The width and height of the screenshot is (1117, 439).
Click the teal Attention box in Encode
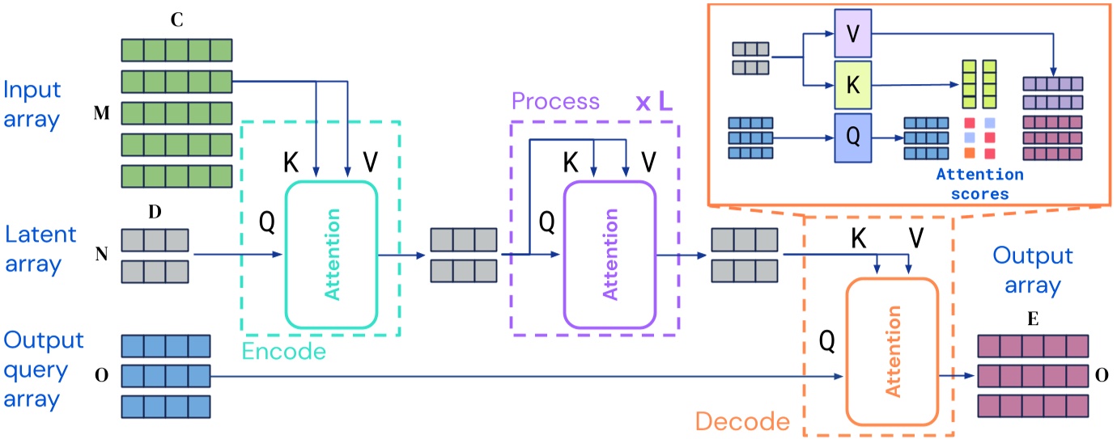(x=332, y=254)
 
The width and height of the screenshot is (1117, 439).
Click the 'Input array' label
(x=33, y=104)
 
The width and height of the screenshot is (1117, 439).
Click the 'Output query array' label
(x=42, y=369)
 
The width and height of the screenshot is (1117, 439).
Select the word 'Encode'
(x=284, y=352)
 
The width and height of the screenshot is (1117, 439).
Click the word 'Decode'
(x=742, y=421)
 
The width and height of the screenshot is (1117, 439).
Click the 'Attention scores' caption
(x=979, y=184)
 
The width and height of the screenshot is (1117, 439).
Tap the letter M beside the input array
(x=102, y=114)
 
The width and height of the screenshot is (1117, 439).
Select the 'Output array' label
(x=1033, y=268)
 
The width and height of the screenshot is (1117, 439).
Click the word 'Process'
(x=555, y=101)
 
